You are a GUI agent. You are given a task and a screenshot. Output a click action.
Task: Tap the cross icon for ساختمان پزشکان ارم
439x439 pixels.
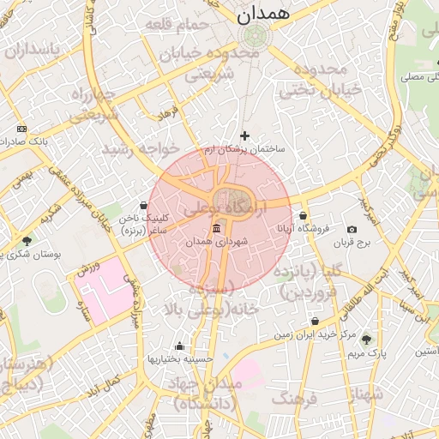[x=245, y=135]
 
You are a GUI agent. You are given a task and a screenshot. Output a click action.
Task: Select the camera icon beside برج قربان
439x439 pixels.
[x=352, y=230]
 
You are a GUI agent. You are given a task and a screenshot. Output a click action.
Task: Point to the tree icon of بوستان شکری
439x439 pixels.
[x=27, y=241]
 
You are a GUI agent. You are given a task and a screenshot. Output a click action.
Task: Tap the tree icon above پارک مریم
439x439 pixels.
[x=367, y=340]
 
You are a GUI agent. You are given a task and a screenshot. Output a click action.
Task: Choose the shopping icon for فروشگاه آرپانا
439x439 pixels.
[x=304, y=215]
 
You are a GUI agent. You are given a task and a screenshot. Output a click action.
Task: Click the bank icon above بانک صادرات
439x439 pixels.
[x=21, y=128]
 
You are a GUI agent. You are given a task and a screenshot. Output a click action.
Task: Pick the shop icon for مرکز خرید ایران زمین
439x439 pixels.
[x=316, y=322]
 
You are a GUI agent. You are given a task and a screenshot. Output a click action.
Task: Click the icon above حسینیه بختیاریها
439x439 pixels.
[x=178, y=346]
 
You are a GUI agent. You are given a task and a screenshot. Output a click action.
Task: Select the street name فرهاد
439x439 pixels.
[x=166, y=112]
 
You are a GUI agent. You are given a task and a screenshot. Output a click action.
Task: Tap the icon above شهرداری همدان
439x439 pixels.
[x=214, y=229]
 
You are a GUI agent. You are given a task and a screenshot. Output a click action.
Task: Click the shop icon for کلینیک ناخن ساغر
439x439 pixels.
[x=142, y=206]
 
